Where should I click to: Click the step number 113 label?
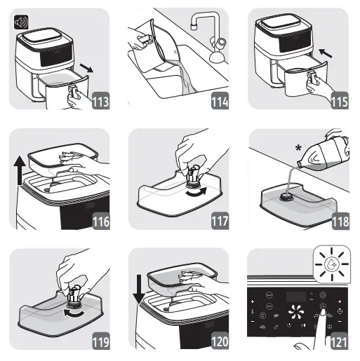100,101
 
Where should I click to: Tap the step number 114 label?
220,101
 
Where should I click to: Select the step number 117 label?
220,221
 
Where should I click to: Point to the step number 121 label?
339,341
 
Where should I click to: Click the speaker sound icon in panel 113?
21,22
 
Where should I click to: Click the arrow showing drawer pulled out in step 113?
86,67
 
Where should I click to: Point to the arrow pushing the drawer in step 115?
325,53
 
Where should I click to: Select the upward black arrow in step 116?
20,170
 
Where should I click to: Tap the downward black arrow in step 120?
139,290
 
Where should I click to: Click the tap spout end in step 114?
194,27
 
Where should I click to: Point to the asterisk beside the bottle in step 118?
298,148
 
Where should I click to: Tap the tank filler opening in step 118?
286,197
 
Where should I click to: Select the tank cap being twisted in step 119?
74,295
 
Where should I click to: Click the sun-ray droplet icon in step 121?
332,264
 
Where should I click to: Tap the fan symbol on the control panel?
295,312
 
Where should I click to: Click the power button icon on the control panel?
289,325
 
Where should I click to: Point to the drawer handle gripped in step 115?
312,78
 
